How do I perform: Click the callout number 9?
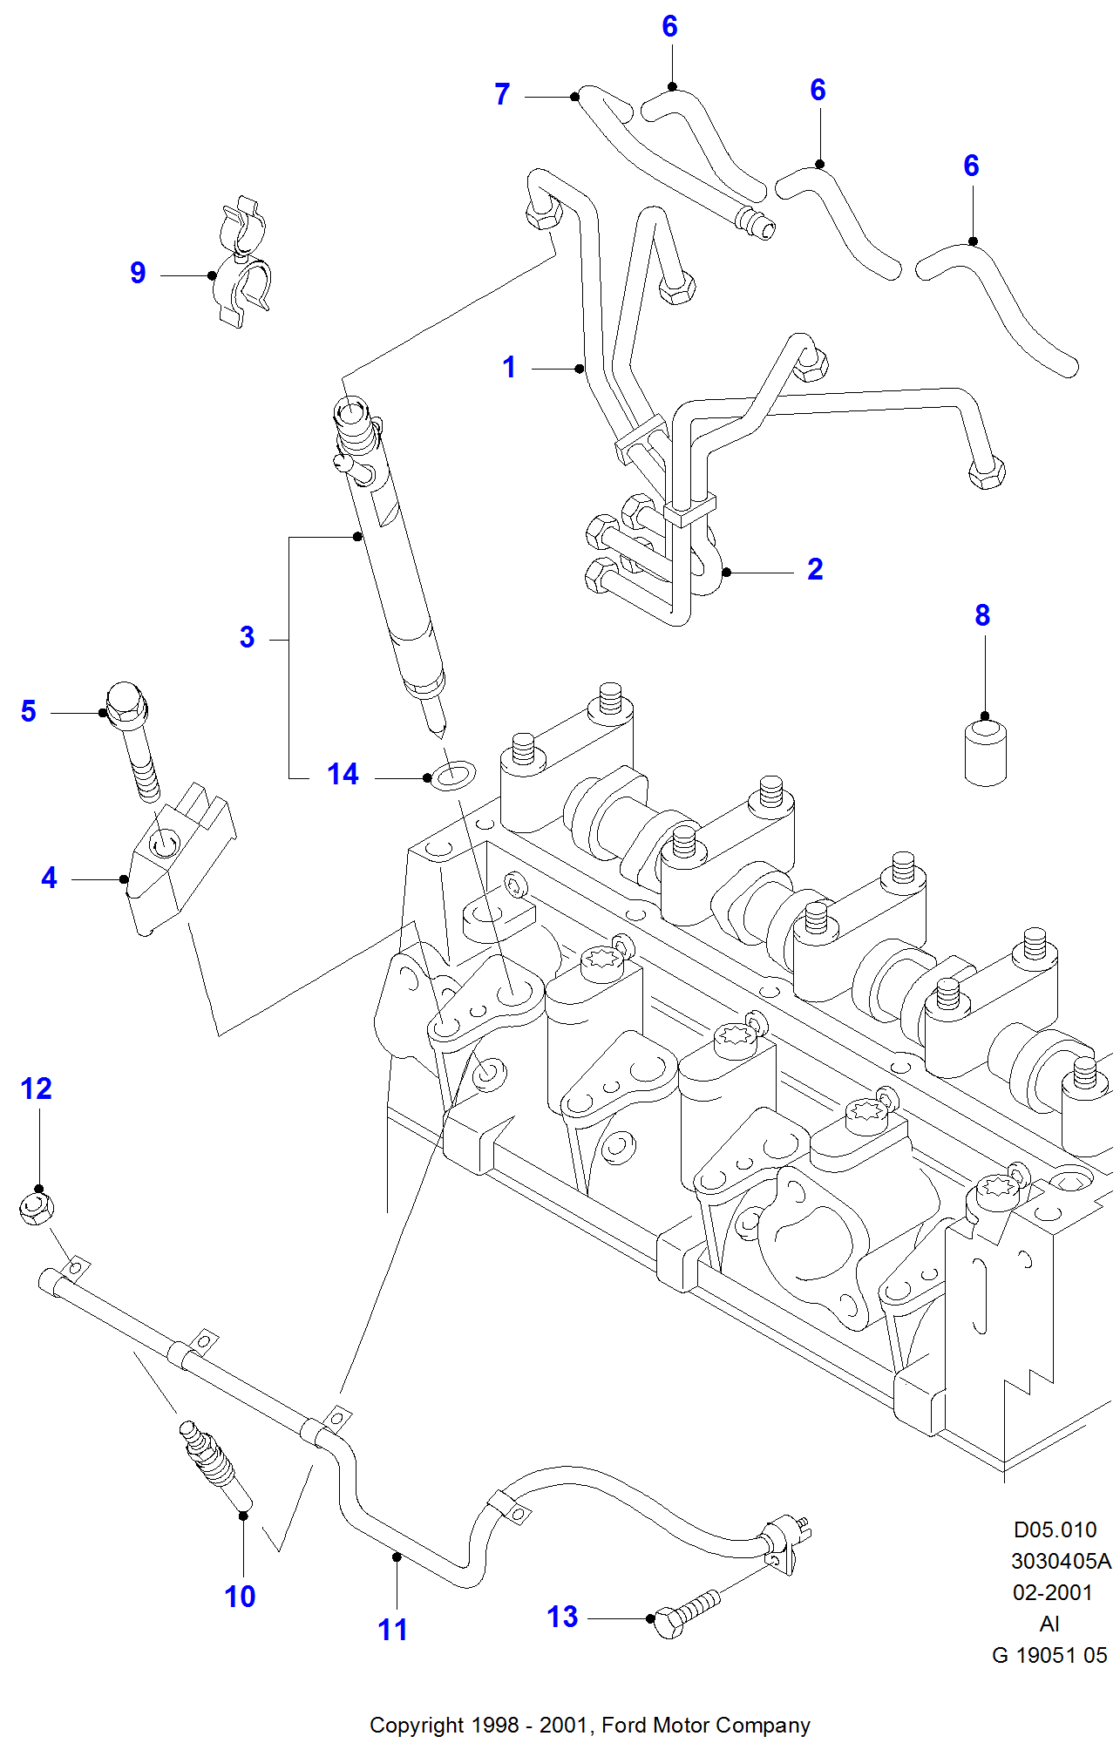[x=138, y=273]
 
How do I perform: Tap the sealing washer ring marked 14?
[x=454, y=774]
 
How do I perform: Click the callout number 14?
[x=343, y=774]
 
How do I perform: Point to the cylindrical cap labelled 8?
[x=986, y=751]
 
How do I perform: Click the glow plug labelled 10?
[x=214, y=1464]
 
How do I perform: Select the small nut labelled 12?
[x=37, y=1207]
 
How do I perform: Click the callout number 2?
[x=815, y=569]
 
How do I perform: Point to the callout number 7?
[x=502, y=94]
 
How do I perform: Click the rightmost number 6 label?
[x=971, y=166]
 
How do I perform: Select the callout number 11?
[x=392, y=1630]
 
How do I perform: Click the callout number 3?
[x=248, y=637]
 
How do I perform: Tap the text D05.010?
[x=1055, y=1529]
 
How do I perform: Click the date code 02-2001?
[x=1052, y=1592]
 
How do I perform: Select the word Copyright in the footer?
[x=416, y=1725]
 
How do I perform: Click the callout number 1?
[x=509, y=367]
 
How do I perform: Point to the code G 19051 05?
[x=1049, y=1655]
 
